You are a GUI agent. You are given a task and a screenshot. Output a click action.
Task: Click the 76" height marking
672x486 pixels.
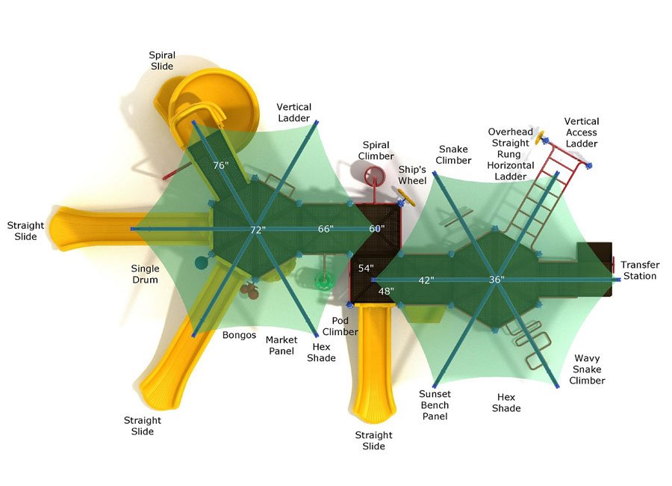[220, 165]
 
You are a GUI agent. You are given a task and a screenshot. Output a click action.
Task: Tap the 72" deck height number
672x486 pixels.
[258, 230]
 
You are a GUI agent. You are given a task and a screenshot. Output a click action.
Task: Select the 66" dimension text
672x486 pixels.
[326, 229]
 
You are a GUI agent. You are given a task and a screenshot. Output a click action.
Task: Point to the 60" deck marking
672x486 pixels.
[376, 229]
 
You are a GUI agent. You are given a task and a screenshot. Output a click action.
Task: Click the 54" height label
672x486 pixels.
[366, 268]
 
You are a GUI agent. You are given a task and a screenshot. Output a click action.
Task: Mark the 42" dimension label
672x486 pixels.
[426, 280]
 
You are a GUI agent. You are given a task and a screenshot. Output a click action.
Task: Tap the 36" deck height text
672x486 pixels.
[497, 279]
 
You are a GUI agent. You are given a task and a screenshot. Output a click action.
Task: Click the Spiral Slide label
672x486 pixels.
[162, 61]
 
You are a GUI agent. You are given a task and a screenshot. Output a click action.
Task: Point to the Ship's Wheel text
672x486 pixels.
[412, 175]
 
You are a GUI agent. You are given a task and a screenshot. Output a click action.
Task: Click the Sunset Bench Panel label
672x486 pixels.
[435, 405]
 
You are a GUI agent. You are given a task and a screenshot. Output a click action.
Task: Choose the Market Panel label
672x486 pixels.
[281, 345]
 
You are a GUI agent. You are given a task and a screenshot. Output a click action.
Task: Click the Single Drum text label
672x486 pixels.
[145, 274]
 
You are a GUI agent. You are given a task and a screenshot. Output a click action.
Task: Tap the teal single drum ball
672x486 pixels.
[201, 262]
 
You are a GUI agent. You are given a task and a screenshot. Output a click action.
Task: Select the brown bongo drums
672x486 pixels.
[249, 291]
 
